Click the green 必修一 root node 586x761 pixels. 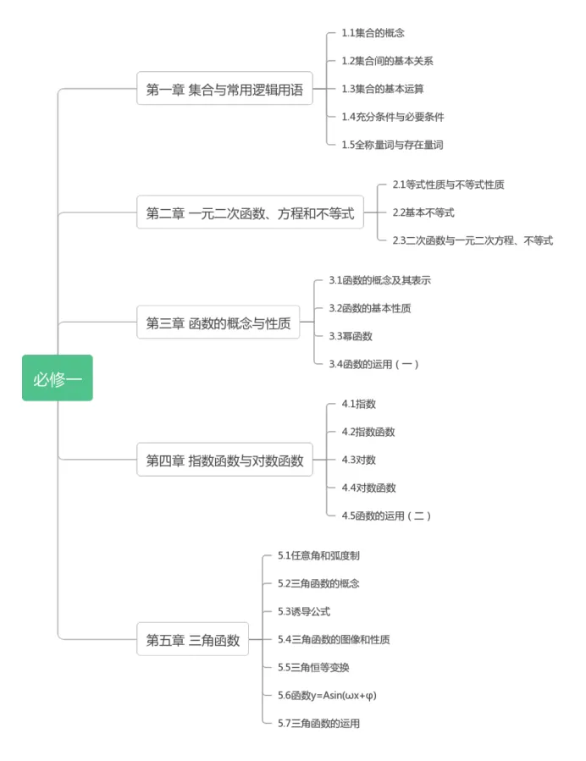pyautogui.click(x=58, y=378)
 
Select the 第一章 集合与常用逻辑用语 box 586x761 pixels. pyautogui.click(x=224, y=89)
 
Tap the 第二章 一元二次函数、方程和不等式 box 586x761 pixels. pyautogui.click(x=250, y=212)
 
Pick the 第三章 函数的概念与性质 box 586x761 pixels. pyautogui.click(x=218, y=323)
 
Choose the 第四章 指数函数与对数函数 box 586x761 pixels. pyautogui.click(x=224, y=460)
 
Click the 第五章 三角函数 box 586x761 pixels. pyautogui.click(x=193, y=639)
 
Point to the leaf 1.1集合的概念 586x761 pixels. pyautogui.click(x=373, y=33)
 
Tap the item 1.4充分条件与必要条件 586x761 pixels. pyautogui.click(x=392, y=117)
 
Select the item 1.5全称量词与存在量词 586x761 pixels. pyautogui.click(x=392, y=145)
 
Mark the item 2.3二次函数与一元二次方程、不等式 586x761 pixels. pyautogui.click(x=472, y=240)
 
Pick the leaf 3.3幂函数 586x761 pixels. pyautogui.click(x=351, y=336)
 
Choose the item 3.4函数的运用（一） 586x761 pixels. pyautogui.click(x=373, y=364)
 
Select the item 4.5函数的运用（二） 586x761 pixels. pyautogui.click(x=386, y=516)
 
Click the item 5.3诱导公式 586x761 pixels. pyautogui.click(x=304, y=611)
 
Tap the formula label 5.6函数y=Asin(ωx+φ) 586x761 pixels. pyautogui.click(x=327, y=695)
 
